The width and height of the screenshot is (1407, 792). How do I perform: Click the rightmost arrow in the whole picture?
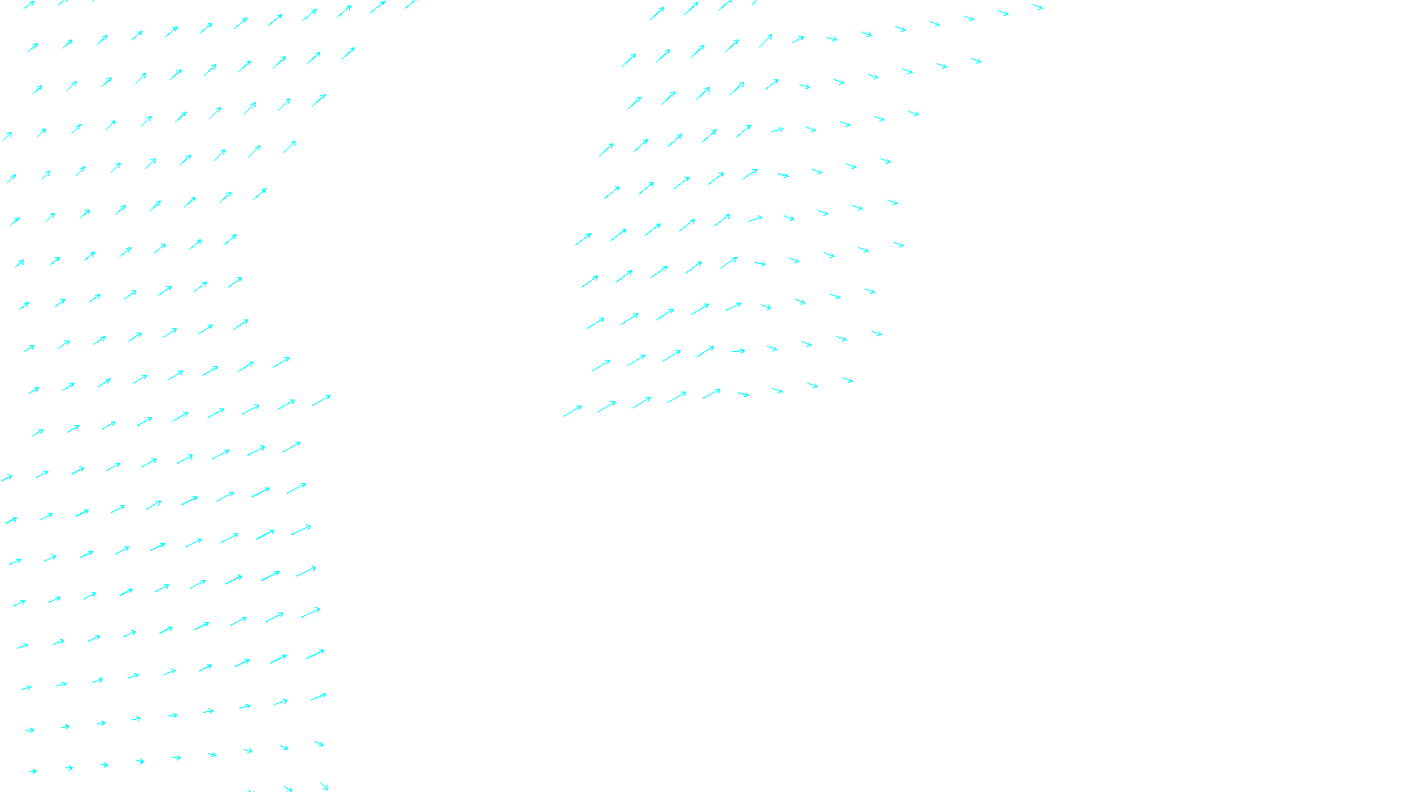point(1039,7)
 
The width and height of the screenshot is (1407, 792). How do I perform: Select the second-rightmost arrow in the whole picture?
point(1003,13)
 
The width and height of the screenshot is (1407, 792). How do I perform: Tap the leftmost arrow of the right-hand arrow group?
point(572,411)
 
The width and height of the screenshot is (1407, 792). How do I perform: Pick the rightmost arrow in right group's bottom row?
point(848,380)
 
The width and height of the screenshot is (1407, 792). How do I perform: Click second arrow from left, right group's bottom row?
point(607,406)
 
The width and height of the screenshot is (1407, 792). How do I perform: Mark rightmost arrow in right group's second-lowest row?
point(877,334)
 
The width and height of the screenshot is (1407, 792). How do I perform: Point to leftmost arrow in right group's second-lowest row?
point(601,364)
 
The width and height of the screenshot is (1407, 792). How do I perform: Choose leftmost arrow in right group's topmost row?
point(657,13)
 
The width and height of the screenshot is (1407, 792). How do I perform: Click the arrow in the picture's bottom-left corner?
point(33,771)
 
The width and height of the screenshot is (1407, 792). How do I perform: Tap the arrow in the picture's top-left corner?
point(28,4)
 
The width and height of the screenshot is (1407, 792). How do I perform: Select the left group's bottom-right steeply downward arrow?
point(324,786)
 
